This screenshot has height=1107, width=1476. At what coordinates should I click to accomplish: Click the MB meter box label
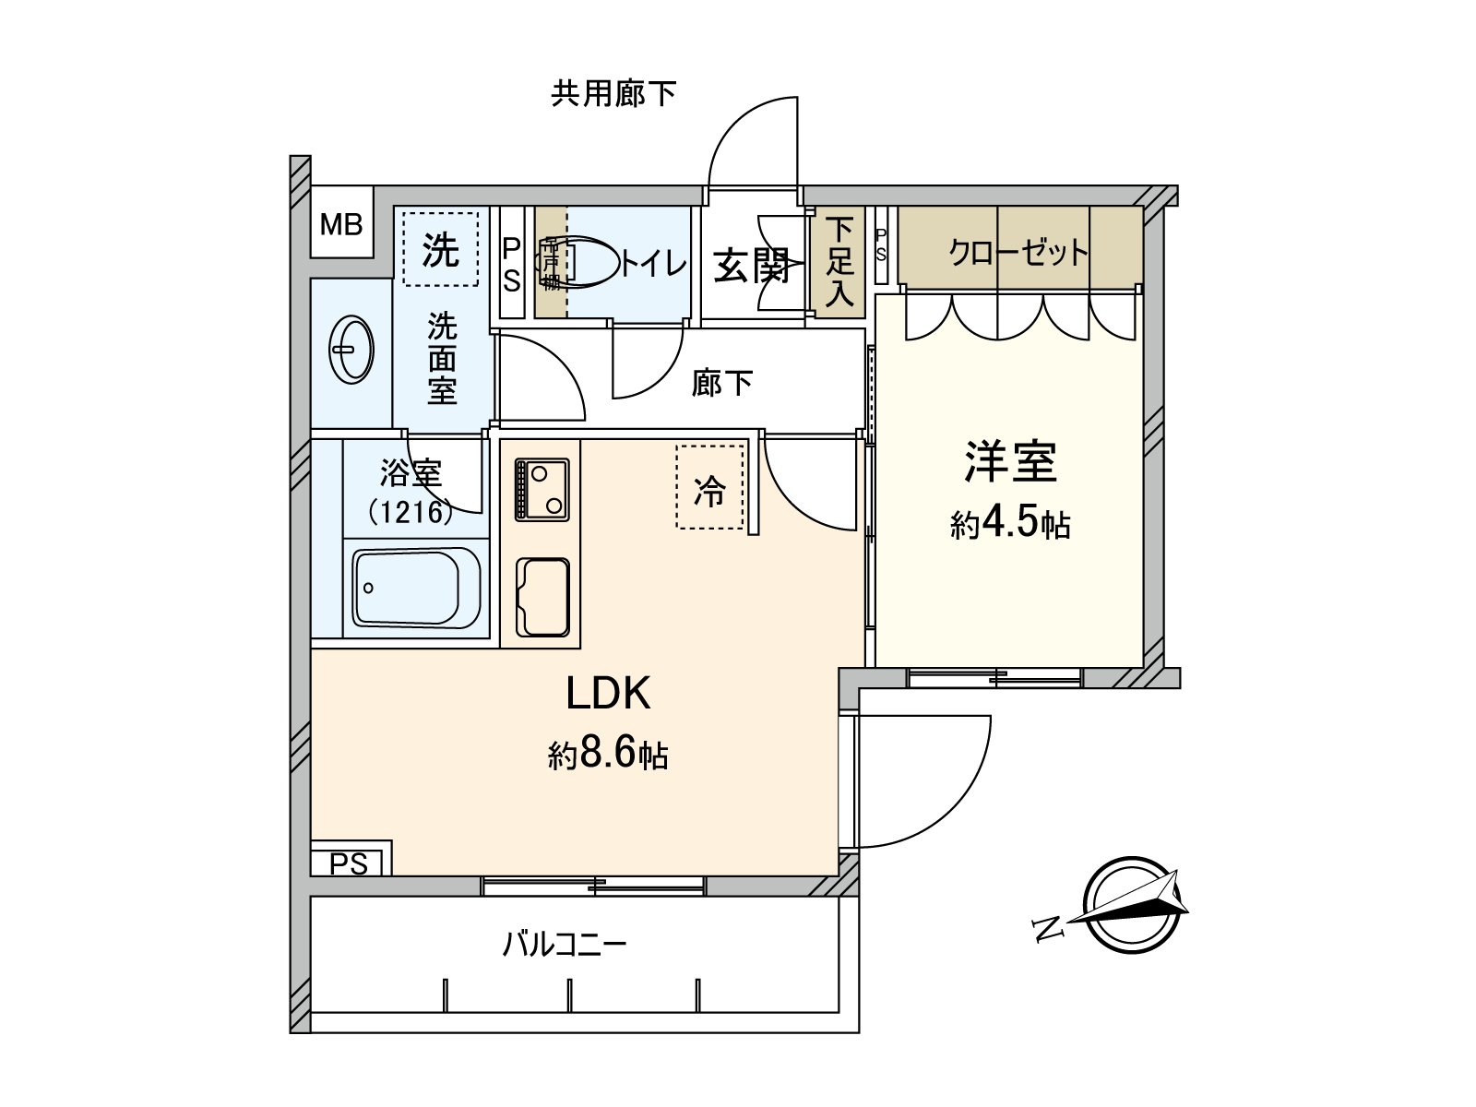coord(341,224)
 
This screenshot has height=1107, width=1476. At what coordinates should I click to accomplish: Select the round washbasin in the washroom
coord(351,350)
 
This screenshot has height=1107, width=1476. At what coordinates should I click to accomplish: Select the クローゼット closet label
coord(1018,252)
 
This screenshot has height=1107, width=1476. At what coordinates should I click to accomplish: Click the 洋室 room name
coord(1010,461)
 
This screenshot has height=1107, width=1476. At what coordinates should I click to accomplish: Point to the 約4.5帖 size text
coord(1010,524)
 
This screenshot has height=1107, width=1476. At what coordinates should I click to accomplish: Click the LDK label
coord(608,694)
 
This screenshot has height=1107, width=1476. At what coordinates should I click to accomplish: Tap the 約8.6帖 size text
coord(608,756)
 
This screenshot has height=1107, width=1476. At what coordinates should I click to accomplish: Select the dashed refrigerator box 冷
coord(709,487)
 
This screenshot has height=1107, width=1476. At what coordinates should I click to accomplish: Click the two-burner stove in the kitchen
coord(542,489)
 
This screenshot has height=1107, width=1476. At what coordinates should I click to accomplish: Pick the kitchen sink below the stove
coord(542,596)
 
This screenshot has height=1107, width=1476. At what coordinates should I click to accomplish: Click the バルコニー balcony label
coord(565,945)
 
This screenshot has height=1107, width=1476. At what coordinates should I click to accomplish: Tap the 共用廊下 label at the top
coord(613,94)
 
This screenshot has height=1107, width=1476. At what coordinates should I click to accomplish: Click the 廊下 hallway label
coord(722,383)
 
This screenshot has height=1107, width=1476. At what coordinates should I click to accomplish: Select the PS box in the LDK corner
coord(350,863)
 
